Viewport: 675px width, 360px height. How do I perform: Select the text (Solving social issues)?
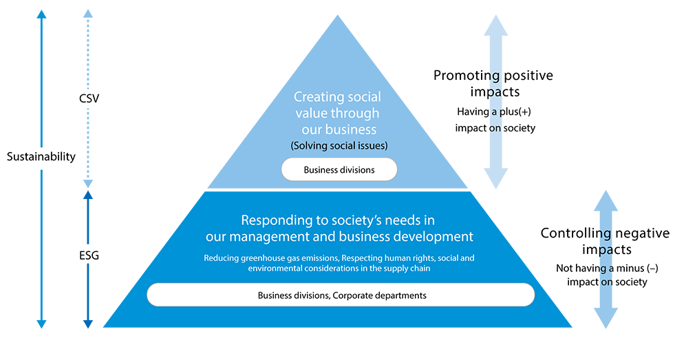pyautogui.click(x=339, y=145)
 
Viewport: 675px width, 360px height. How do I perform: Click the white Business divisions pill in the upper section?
pyautogui.click(x=339, y=169)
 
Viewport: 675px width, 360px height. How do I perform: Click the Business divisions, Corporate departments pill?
pyautogui.click(x=341, y=295)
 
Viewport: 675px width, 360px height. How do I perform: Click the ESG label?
pyautogui.click(x=89, y=255)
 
